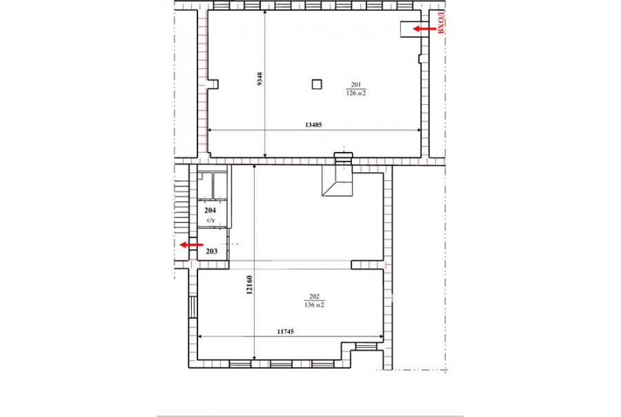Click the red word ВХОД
coord(442,23)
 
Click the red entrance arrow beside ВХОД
coord(424,28)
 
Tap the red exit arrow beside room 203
coord(191,245)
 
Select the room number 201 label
coord(355,84)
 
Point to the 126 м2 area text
coord(355,93)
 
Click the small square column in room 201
coord(317,84)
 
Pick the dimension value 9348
coord(259,79)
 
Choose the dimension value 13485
coord(313,124)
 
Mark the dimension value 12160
coord(249,285)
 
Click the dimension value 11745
coord(286,331)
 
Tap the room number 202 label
coord(314,296)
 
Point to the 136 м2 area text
coord(314,305)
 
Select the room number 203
coord(212,251)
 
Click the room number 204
coord(210,211)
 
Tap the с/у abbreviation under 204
coord(210,220)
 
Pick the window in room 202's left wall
coord(193,307)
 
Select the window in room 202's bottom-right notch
coord(365,347)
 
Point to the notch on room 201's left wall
coord(213,84)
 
